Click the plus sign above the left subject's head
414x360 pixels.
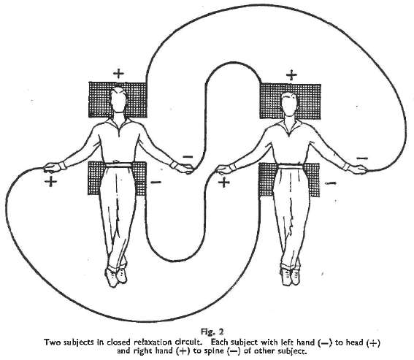click(118, 74)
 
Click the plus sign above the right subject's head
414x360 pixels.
click(291, 75)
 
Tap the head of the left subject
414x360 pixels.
click(118, 100)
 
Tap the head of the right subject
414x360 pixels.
click(289, 104)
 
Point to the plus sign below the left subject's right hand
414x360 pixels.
click(50, 182)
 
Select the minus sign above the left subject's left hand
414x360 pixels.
click(188, 157)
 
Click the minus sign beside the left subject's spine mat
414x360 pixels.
click(156, 182)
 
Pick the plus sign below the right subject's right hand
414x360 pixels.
click(224, 183)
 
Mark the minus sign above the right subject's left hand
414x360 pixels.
click(362, 158)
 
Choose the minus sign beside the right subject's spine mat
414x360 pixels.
click(330, 183)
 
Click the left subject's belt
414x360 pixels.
click(118, 165)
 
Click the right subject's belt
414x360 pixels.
click(291, 166)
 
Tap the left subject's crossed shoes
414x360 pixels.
click(116, 277)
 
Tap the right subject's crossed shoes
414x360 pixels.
click(290, 276)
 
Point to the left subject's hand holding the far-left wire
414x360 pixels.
click(52, 167)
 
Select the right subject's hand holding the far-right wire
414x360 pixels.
click(359, 169)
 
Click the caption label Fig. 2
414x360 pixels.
click(212, 332)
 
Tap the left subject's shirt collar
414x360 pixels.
click(118, 123)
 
